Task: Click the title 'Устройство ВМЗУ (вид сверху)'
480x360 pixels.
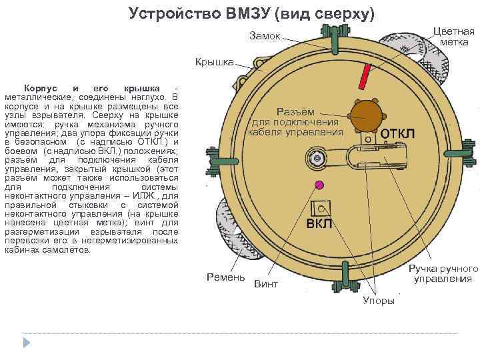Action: pos(252,13)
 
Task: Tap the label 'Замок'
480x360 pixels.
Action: pos(265,35)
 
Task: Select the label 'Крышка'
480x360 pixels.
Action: pos(214,62)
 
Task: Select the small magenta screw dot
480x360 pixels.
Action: pos(319,185)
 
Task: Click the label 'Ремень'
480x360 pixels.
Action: pos(226,277)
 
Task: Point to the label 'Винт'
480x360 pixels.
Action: pos(266,284)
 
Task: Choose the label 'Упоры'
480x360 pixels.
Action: pos(378,301)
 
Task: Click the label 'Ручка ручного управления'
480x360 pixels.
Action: pos(443,273)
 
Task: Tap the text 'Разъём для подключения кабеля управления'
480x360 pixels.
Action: pos(295,122)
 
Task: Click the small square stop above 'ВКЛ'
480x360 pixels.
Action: pos(324,207)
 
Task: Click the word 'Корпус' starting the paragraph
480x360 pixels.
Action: pos(40,89)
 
